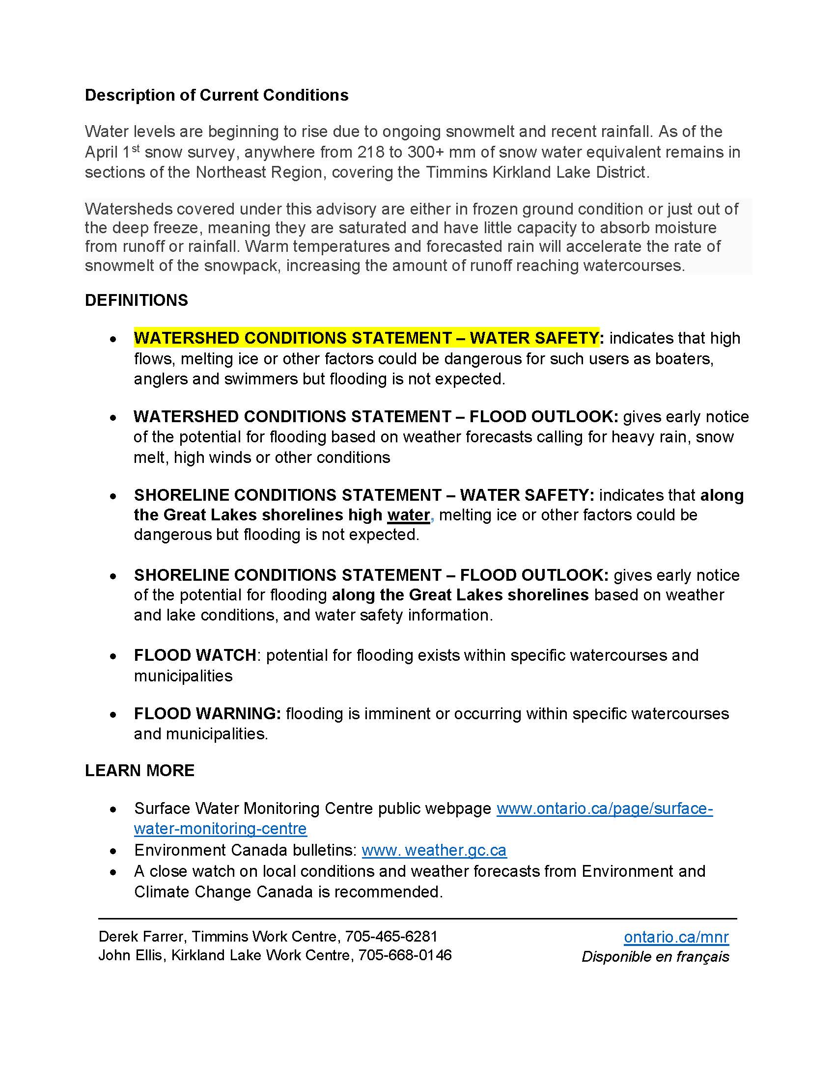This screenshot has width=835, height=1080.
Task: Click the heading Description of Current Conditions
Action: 217,95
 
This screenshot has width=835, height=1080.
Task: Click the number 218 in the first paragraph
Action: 371,152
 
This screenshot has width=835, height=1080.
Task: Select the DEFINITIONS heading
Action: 137,300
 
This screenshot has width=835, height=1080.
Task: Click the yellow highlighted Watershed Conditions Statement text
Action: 366,338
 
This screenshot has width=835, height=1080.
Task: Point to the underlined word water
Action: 408,515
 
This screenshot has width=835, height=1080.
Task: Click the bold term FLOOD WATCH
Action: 195,655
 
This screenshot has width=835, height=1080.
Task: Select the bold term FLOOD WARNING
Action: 207,714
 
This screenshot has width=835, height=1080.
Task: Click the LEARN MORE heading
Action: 139,770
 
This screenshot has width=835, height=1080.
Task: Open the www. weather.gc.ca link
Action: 434,850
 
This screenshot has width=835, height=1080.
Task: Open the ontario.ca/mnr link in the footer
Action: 676,937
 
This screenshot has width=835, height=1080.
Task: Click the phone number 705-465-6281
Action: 391,937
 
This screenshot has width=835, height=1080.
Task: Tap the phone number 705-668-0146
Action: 405,955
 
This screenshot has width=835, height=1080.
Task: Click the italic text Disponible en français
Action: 655,957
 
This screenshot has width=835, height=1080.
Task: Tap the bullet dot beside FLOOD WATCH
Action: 114,656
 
